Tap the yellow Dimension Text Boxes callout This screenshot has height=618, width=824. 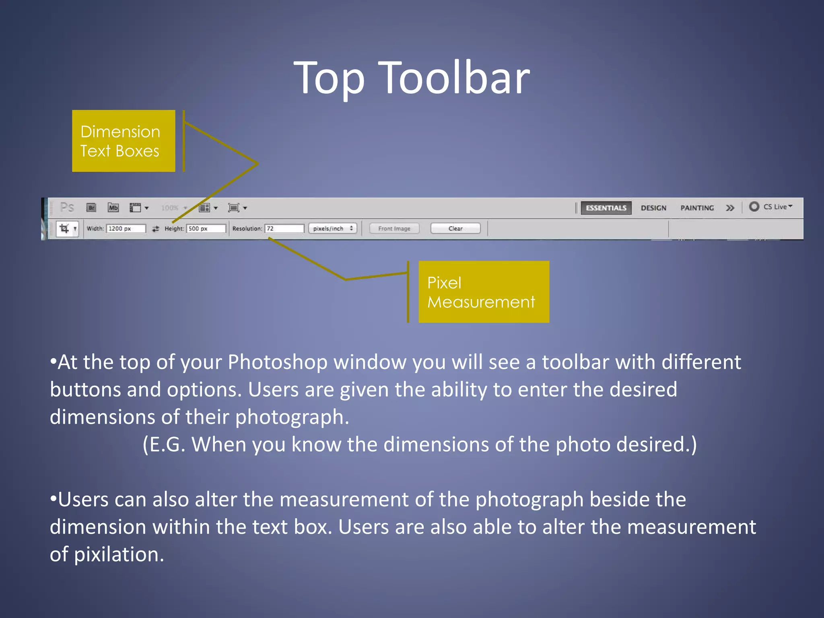point(124,141)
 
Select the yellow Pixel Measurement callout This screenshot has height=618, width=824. point(484,292)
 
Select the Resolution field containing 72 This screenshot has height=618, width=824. point(284,229)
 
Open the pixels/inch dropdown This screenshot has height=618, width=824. point(332,229)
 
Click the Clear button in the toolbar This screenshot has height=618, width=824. point(455,229)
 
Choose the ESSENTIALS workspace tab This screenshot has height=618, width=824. point(606,208)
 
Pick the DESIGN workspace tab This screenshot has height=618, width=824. point(653,208)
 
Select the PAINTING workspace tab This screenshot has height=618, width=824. point(697,208)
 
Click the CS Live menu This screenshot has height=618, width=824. point(771,207)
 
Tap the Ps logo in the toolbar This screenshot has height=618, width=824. point(67,208)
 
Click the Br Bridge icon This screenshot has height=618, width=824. point(92,208)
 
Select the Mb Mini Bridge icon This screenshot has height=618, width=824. point(113,208)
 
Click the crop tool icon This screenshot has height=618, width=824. point(64,229)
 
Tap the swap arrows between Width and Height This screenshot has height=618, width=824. point(155,229)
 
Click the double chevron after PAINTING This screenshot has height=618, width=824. point(730,208)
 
